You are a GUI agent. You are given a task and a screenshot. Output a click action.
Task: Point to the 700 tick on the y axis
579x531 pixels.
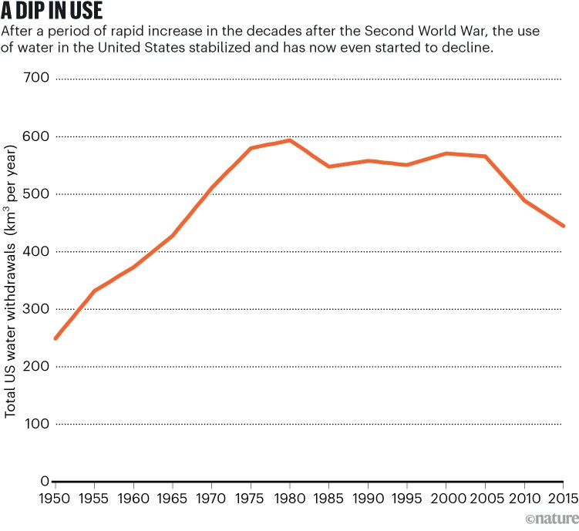click(x=37, y=79)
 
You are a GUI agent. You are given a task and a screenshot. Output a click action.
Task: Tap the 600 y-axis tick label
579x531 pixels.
click(x=37, y=136)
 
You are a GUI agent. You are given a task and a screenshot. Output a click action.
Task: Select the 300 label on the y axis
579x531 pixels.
click(x=37, y=309)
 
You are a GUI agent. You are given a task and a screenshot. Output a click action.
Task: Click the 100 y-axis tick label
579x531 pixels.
click(x=37, y=424)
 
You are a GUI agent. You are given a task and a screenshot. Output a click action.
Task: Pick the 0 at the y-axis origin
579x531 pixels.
click(x=45, y=482)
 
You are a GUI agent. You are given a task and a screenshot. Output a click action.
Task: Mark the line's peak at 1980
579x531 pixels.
click(x=291, y=140)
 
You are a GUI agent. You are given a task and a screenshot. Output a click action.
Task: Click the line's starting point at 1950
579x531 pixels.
click(x=56, y=338)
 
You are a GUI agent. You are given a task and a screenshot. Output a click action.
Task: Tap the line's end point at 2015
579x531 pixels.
click(x=564, y=226)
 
